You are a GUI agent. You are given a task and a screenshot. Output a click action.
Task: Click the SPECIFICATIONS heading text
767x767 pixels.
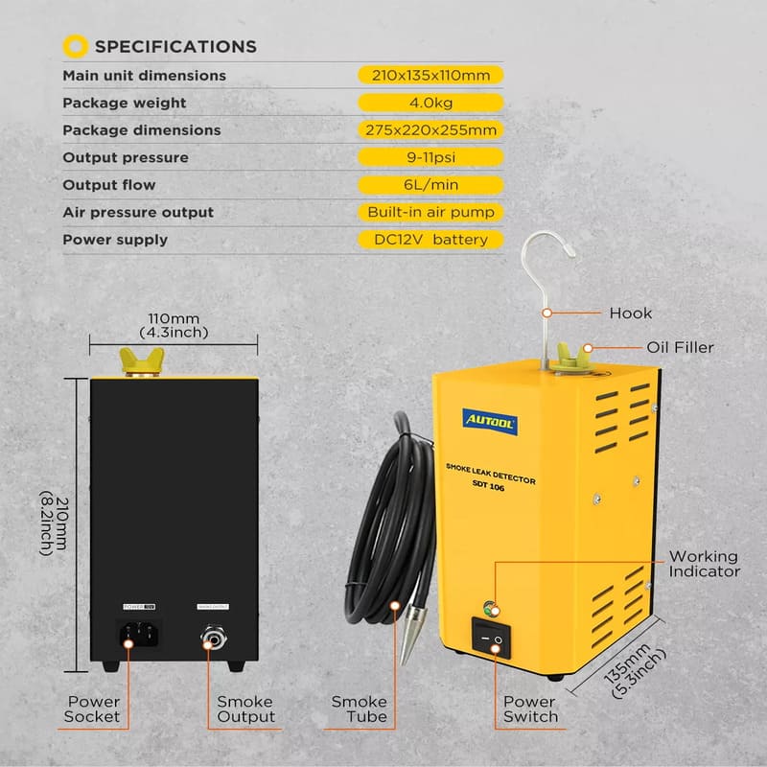175,46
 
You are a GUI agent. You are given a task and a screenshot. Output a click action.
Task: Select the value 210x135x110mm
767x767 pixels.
430,75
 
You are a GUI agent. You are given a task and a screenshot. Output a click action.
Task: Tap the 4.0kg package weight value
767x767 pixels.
430,103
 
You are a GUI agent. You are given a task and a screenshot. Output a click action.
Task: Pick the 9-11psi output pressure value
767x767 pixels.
430,157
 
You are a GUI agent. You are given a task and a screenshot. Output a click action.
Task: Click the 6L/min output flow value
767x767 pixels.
430,185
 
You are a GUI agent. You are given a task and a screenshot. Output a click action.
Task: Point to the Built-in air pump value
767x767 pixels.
430,212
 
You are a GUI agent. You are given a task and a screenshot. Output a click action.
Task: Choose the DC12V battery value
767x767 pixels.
430,240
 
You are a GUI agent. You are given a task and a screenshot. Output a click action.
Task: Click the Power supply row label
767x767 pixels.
115,240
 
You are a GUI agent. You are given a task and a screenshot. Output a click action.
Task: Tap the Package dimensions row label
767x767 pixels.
142,130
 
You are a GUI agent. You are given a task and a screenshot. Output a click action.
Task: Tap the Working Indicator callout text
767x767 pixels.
704,564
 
